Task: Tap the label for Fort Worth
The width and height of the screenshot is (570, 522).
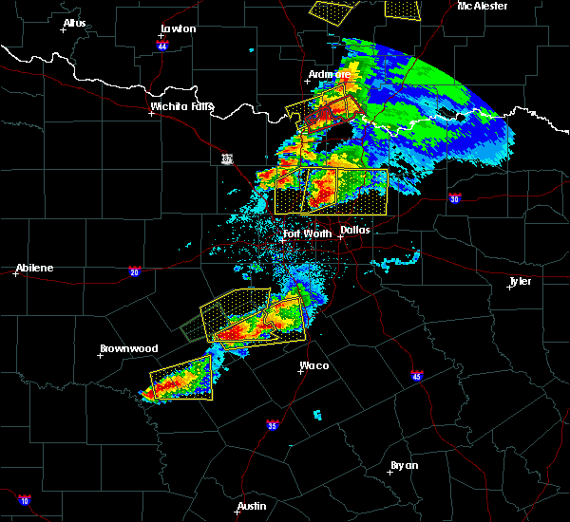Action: click(307, 233)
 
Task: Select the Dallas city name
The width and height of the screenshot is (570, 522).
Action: click(355, 230)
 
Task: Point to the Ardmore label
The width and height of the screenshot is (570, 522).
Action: click(330, 74)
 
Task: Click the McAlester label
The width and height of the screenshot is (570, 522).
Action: click(483, 6)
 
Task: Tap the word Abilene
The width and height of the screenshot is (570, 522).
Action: click(34, 268)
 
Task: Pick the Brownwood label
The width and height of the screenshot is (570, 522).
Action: click(128, 348)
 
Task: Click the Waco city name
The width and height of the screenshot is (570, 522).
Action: click(314, 365)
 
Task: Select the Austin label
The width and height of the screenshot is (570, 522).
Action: click(252, 506)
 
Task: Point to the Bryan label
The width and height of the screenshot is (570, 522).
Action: click(404, 464)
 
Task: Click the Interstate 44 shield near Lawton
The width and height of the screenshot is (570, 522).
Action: click(162, 46)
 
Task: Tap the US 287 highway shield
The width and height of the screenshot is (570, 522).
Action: click(227, 158)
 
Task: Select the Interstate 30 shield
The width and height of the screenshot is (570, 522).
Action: click(455, 198)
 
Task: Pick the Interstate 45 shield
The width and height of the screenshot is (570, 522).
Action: click(417, 376)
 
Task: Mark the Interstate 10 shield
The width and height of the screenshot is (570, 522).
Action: click(24, 500)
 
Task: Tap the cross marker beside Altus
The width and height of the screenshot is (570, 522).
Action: click(64, 29)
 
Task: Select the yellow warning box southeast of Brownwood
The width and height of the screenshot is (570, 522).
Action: click(180, 380)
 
